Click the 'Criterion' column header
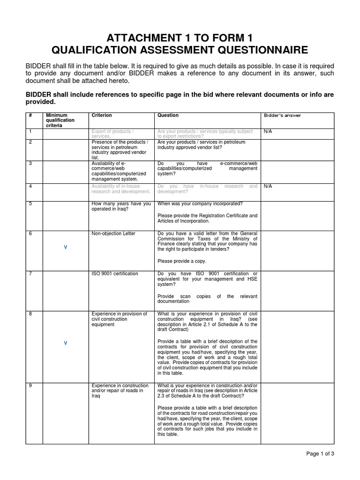[101, 115]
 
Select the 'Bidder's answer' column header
[282, 115]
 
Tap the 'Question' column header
[168, 115]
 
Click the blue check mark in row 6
[65, 247]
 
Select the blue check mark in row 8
[65, 343]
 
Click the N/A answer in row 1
[268, 131]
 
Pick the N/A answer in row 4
[268, 186]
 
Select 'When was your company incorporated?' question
[200, 204]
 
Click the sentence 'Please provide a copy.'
[182, 261]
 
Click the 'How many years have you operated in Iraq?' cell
[121, 206]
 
